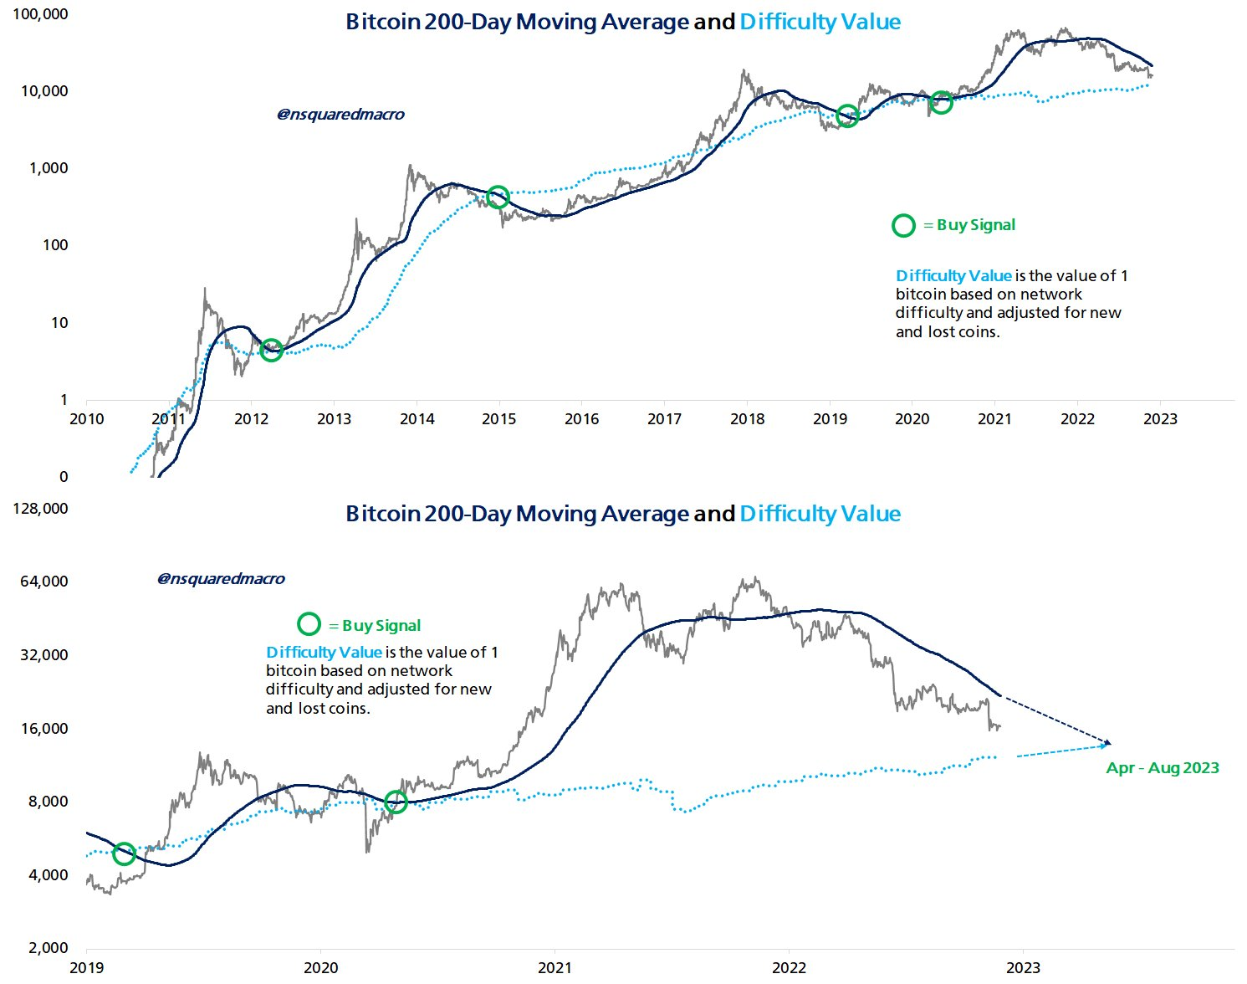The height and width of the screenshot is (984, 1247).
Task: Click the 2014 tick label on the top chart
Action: pos(417,419)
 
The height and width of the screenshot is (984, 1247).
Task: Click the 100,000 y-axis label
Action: pos(40,14)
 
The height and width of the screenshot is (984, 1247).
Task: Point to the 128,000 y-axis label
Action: pos(40,509)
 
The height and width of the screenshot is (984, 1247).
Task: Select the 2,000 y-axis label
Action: pos(48,948)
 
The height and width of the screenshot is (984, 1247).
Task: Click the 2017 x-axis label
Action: pos(664,419)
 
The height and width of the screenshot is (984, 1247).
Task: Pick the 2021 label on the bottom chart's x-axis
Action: pos(555,968)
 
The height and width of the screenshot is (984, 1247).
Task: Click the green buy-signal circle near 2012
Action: pos(271,351)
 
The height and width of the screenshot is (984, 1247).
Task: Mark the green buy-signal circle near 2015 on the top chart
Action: pos(498,197)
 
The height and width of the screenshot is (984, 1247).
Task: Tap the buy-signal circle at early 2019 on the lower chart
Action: pos(124,853)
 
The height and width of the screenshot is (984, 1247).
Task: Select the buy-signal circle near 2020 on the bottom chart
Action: pos(396,802)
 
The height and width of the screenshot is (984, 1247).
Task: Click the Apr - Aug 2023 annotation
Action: pos(1163,768)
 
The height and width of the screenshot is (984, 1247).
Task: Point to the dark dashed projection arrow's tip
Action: pos(1109,743)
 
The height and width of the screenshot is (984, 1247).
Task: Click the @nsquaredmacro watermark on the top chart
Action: pos(340,115)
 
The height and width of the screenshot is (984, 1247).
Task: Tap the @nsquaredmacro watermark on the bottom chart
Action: pos(221,579)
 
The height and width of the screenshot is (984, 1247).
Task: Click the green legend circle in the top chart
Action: pos(903,225)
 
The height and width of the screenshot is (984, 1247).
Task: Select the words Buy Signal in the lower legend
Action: pos(381,626)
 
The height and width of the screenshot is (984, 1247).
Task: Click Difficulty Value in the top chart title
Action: pos(820,22)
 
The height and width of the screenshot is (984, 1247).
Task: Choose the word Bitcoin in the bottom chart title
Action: pos(382,514)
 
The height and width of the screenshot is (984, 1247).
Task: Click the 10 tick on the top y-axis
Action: pos(59,323)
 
